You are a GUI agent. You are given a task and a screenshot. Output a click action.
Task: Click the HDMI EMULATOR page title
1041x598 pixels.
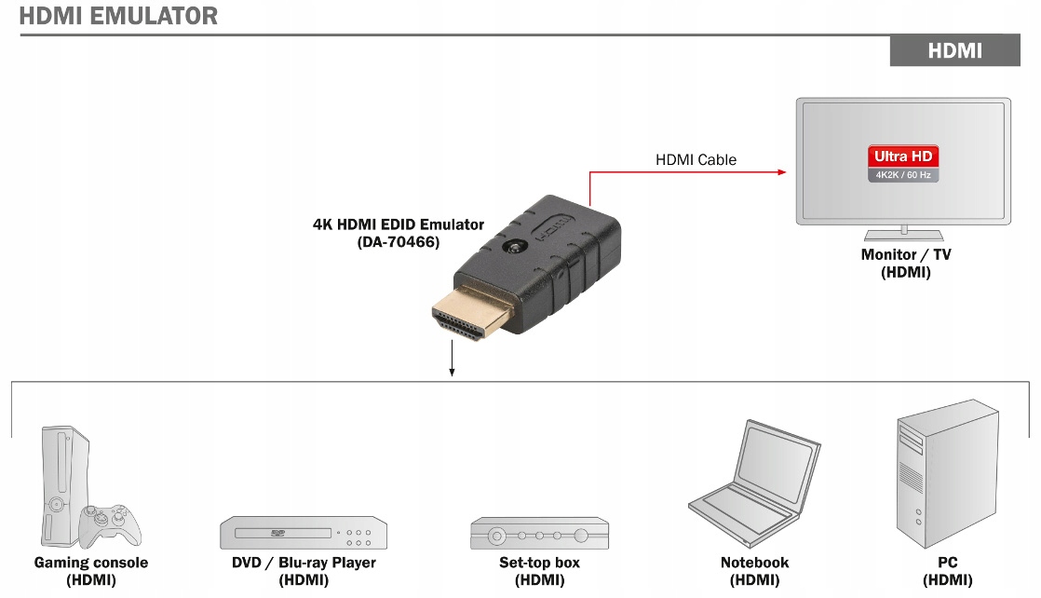click(x=118, y=16)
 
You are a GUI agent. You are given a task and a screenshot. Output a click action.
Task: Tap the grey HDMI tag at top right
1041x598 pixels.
click(x=954, y=51)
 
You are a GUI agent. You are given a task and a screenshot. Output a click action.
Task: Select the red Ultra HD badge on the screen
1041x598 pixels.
click(x=902, y=156)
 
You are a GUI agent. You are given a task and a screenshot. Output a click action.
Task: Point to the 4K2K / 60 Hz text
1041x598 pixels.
click(x=902, y=175)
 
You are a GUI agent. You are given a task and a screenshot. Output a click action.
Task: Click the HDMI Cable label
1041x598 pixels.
click(x=696, y=160)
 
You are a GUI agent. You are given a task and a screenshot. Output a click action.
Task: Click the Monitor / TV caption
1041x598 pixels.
click(x=906, y=255)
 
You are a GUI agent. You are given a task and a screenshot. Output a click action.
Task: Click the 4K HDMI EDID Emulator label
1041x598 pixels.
click(x=399, y=224)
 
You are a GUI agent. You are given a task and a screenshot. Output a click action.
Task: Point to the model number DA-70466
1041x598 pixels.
click(x=399, y=242)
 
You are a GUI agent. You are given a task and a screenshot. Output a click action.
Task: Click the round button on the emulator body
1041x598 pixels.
click(x=513, y=249)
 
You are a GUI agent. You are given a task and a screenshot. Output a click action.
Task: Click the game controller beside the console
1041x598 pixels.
click(x=109, y=525)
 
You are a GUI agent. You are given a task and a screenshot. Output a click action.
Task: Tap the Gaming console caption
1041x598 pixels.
click(x=91, y=563)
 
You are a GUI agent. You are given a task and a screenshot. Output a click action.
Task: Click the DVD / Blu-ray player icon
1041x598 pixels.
click(x=304, y=532)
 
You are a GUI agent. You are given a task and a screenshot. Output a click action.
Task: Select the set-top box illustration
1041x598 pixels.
click(x=540, y=534)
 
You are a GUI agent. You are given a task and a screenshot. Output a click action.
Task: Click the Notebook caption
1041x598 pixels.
click(x=754, y=563)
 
